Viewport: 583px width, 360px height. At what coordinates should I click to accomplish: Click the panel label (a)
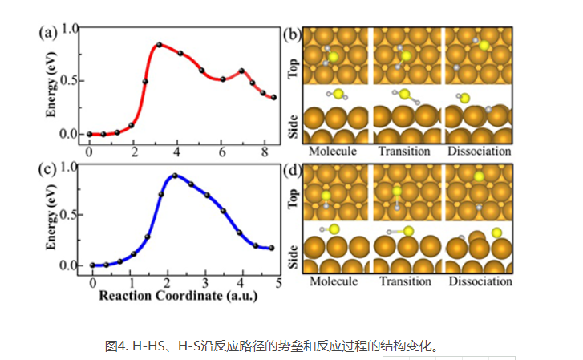tap(47, 34)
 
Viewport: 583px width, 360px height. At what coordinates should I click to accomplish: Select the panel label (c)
tap(47, 171)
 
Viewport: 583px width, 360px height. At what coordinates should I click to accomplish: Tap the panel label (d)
tap(292, 171)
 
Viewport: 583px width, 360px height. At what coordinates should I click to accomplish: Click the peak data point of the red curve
tap(159, 44)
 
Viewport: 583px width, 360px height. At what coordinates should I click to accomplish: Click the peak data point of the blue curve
tap(175, 176)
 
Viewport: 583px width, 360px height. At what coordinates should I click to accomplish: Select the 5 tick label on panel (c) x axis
tap(277, 283)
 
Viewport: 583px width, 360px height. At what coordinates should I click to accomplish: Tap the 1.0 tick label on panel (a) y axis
tap(71, 29)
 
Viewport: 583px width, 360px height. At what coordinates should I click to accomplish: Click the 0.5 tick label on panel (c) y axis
tap(71, 214)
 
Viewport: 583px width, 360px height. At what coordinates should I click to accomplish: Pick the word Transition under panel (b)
tap(404, 151)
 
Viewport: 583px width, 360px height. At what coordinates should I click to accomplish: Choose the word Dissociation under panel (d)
tap(480, 281)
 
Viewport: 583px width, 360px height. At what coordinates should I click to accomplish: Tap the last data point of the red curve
tap(274, 98)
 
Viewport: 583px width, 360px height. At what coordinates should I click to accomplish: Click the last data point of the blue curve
tap(271, 248)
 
